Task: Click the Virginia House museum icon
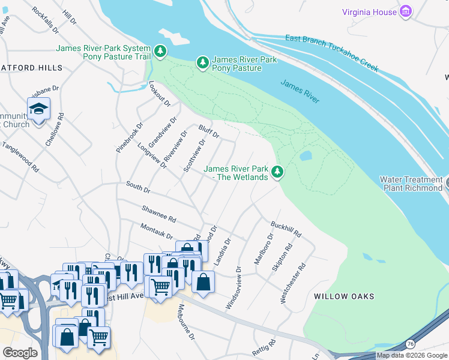coord(406,12)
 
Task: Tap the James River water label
coord(300,91)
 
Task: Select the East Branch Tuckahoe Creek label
coord(332,53)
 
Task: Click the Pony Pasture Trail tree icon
coord(160,52)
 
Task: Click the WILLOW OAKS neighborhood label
coord(344,296)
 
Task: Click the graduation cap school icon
coord(38,109)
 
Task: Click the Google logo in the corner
coord(19,353)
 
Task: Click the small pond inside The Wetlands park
coord(306,155)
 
